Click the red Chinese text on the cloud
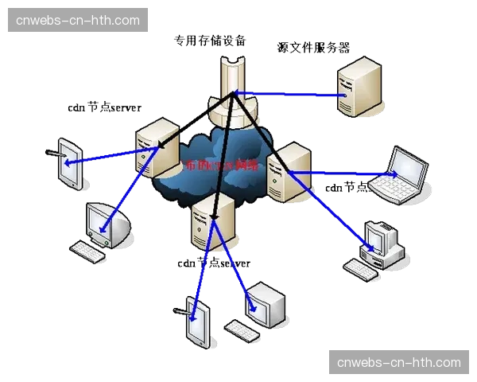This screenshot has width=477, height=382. pyautogui.click(x=221, y=166)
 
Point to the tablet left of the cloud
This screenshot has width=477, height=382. pyautogui.click(x=71, y=165)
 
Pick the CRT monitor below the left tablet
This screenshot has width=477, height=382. pyautogui.click(x=105, y=225)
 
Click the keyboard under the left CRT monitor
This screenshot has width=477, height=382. pyautogui.click(x=88, y=252)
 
